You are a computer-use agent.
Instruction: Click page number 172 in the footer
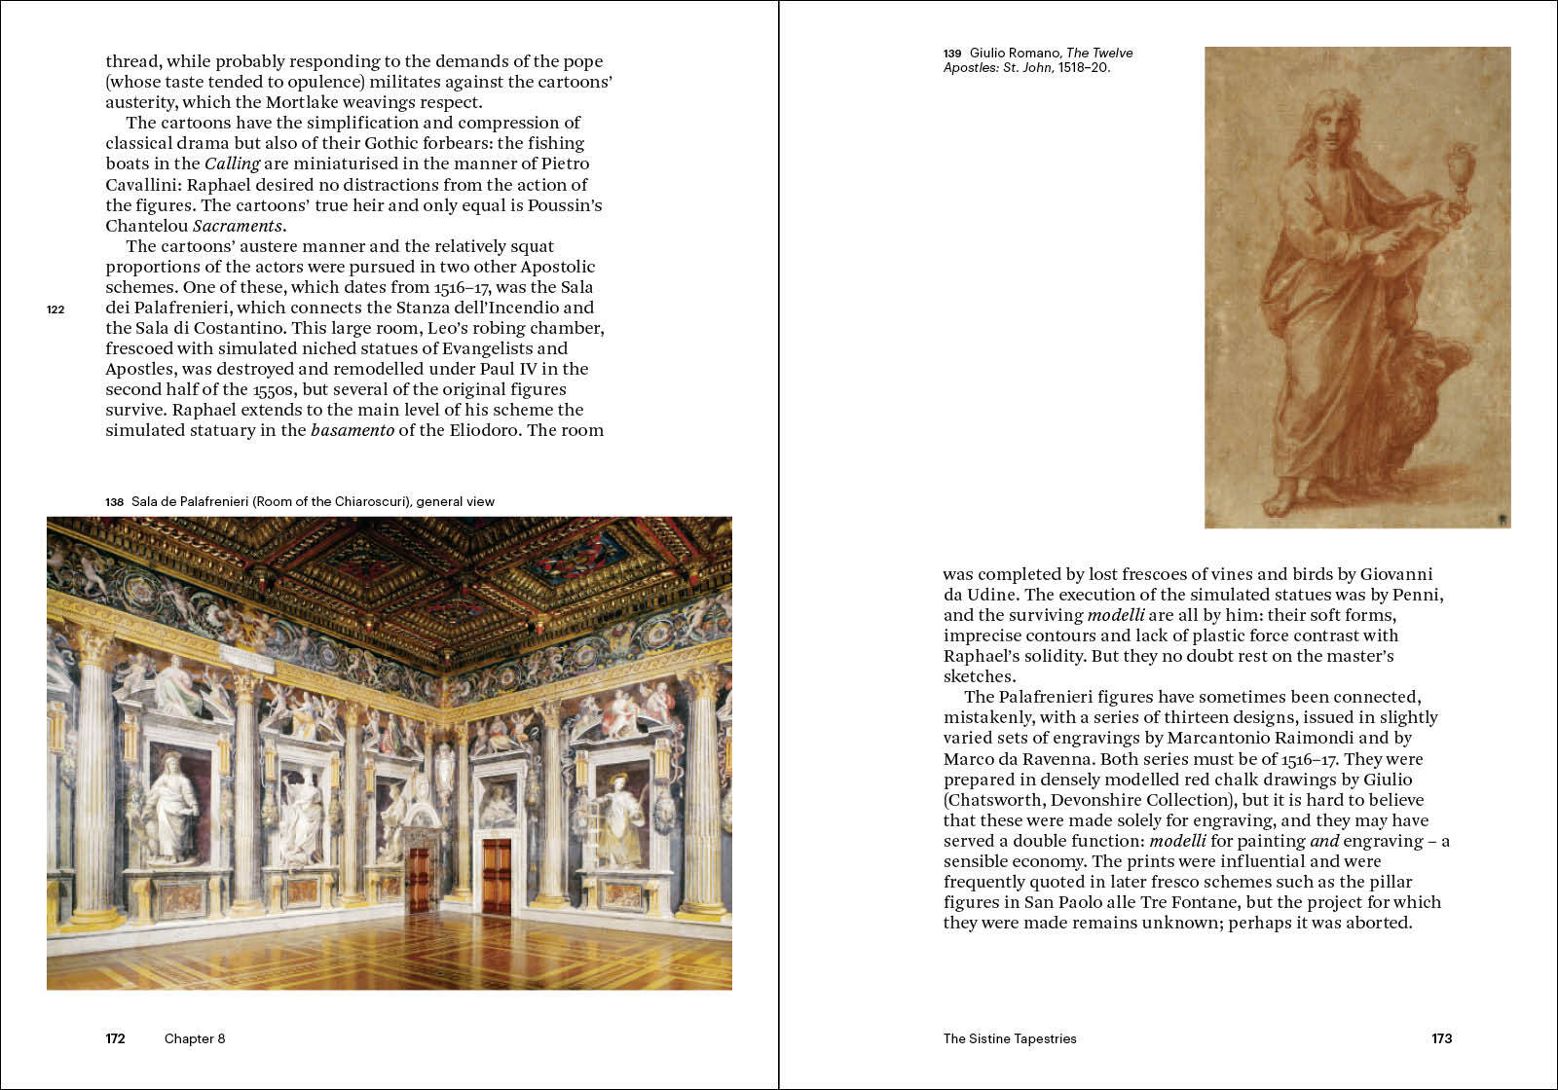click(x=115, y=1038)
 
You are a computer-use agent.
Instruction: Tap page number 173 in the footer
click(x=1441, y=1038)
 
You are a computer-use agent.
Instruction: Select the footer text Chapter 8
click(x=195, y=1038)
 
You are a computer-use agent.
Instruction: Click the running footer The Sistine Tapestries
click(x=1010, y=1038)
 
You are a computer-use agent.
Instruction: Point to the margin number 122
click(x=56, y=309)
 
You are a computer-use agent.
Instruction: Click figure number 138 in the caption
click(x=115, y=502)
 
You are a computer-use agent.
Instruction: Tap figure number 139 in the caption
click(x=952, y=54)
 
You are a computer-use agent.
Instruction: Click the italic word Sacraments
click(x=248, y=226)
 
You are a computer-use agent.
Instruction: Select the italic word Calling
click(x=232, y=163)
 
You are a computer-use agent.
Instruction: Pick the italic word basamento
click(x=352, y=430)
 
